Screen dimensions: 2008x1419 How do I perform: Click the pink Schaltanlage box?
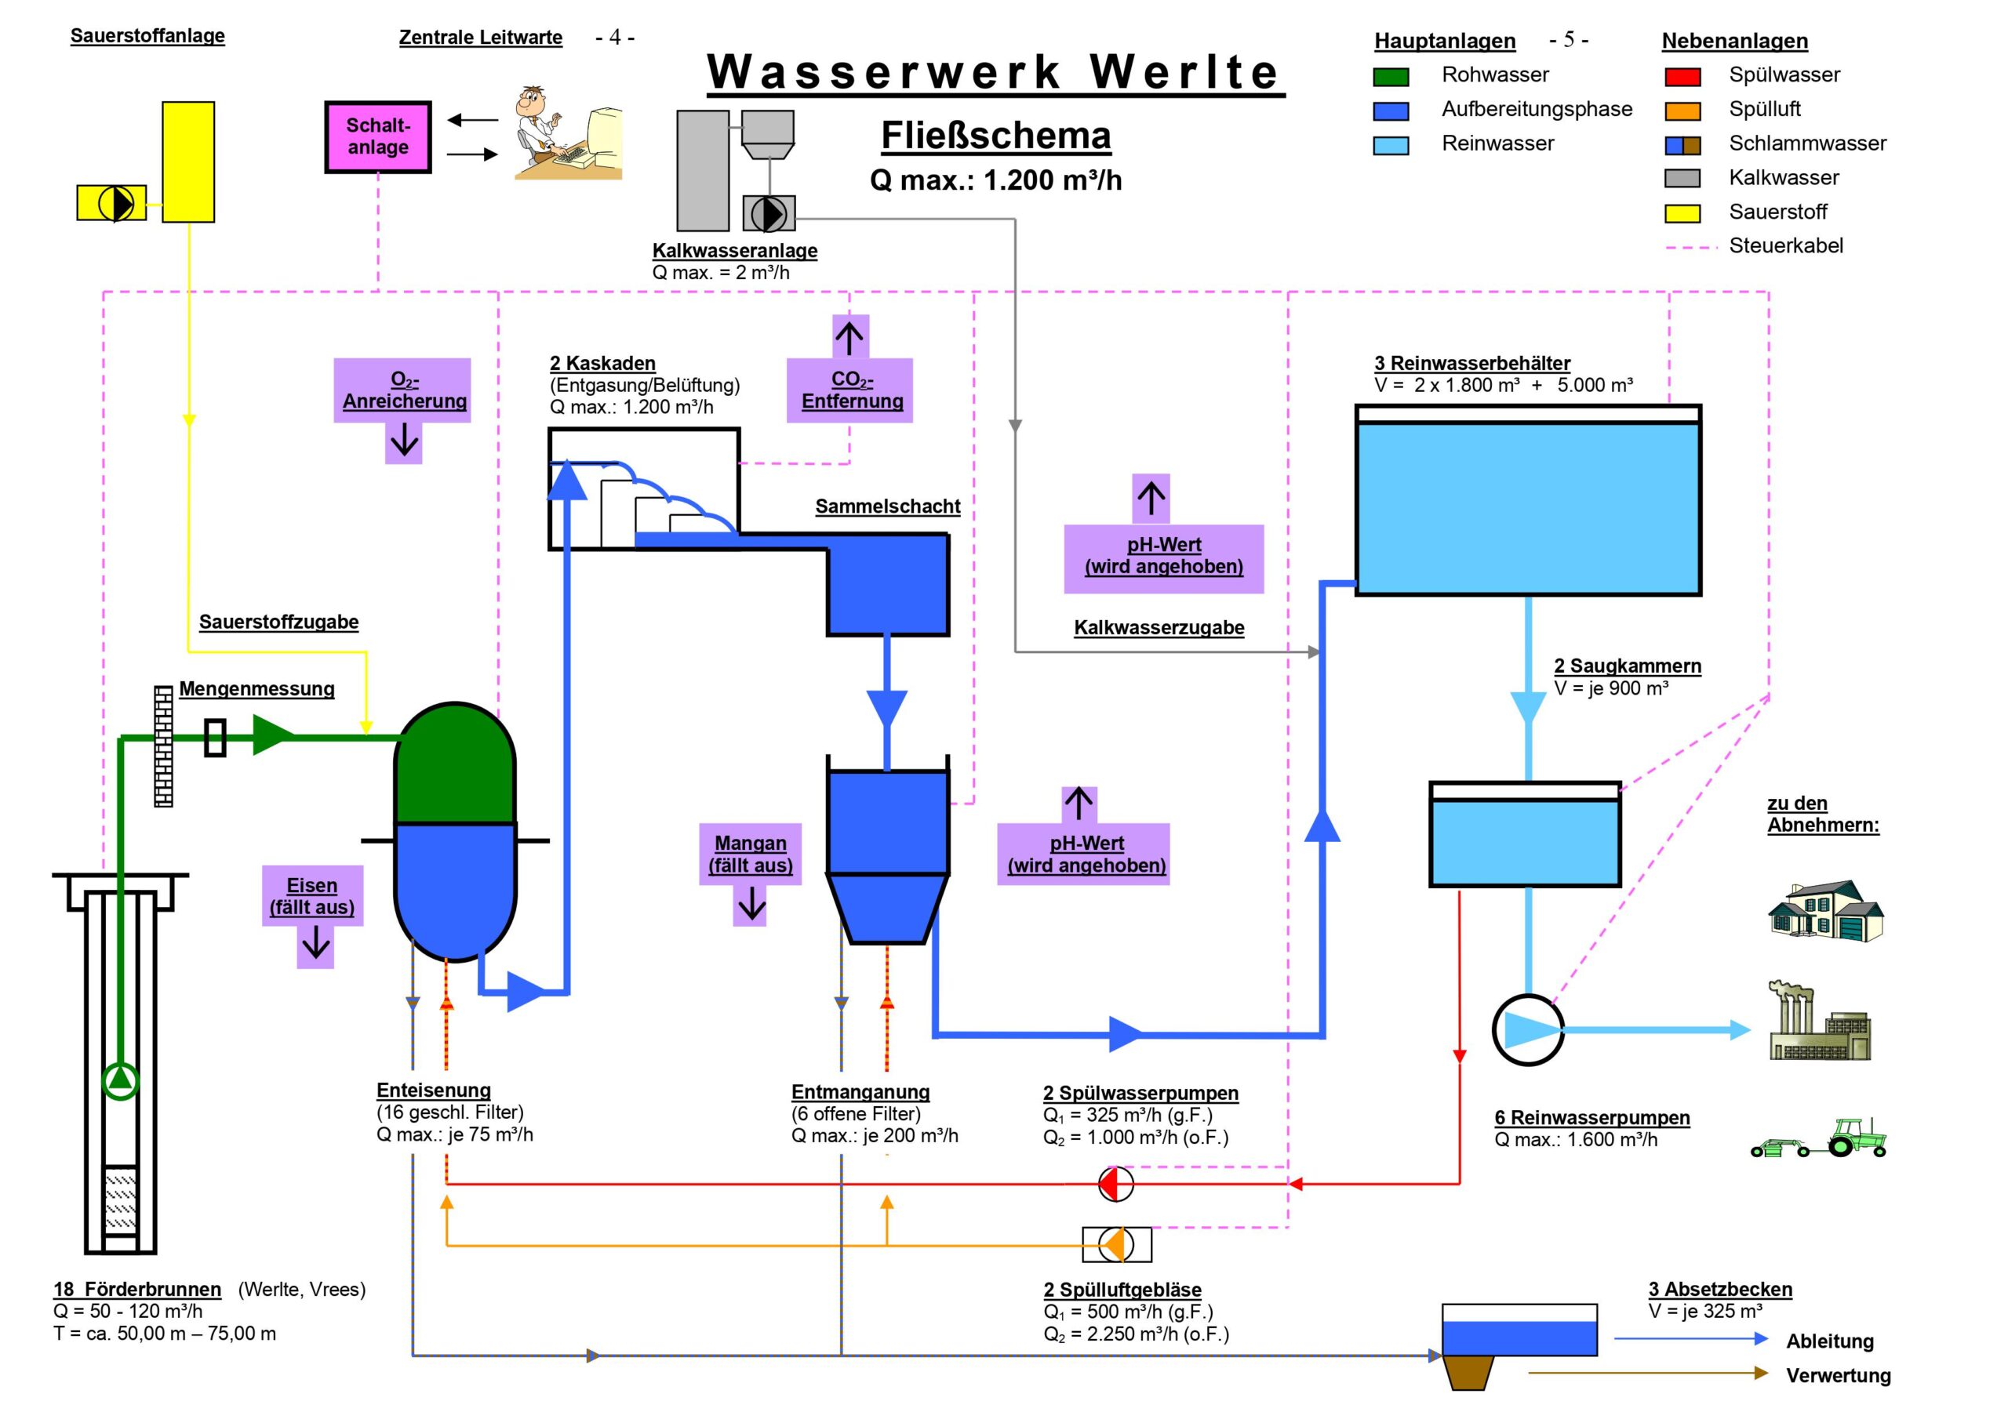pos(378,136)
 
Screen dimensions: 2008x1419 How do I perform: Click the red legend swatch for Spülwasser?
pos(1682,77)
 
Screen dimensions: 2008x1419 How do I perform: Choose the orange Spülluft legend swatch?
pos(1682,111)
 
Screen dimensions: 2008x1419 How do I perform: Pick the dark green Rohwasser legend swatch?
pos(1391,77)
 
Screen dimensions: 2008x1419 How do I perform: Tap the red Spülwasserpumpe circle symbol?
pos(1116,1184)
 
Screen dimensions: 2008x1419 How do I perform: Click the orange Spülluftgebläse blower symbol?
pos(1117,1244)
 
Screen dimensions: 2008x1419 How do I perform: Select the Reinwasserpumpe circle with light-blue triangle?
pos(1528,1030)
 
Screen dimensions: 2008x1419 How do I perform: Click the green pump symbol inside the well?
pos(120,1080)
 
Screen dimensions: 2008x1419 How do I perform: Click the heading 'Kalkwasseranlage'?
pos(735,250)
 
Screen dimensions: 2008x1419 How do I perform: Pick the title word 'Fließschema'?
pos(995,136)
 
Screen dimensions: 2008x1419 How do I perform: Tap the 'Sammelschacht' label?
pos(888,506)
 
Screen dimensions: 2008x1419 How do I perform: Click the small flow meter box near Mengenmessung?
pos(215,737)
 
